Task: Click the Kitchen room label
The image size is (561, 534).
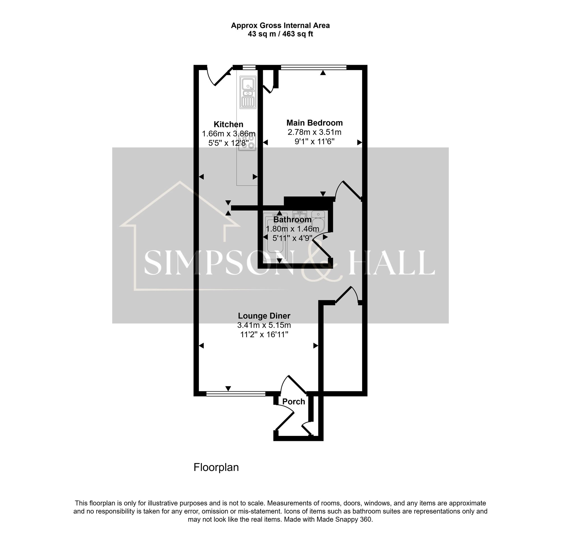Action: pos(228,124)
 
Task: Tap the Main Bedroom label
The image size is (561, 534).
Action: pos(314,123)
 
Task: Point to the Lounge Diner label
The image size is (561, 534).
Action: pos(264,316)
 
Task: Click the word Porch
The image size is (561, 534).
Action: pos(293,401)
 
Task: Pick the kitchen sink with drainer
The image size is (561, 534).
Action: pos(248,92)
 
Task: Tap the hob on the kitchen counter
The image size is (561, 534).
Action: pos(247,142)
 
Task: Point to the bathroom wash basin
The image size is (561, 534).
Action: pos(299,217)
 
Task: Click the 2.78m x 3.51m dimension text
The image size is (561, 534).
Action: pos(314,132)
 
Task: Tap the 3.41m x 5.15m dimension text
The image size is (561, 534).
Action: pos(264,325)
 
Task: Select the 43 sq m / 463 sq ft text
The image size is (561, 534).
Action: pos(280,34)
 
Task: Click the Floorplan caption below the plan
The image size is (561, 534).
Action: pos(216,467)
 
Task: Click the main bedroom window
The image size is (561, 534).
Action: pos(313,67)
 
